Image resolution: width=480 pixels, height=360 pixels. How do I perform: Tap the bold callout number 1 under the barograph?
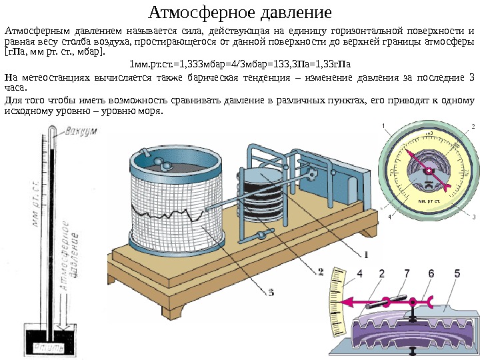[365, 253]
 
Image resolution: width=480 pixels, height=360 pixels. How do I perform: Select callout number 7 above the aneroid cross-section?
[406, 273]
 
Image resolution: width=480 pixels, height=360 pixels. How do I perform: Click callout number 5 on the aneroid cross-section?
[457, 273]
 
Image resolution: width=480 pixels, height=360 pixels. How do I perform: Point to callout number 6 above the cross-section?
[431, 273]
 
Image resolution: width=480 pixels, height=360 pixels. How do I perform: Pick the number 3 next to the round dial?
[473, 217]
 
